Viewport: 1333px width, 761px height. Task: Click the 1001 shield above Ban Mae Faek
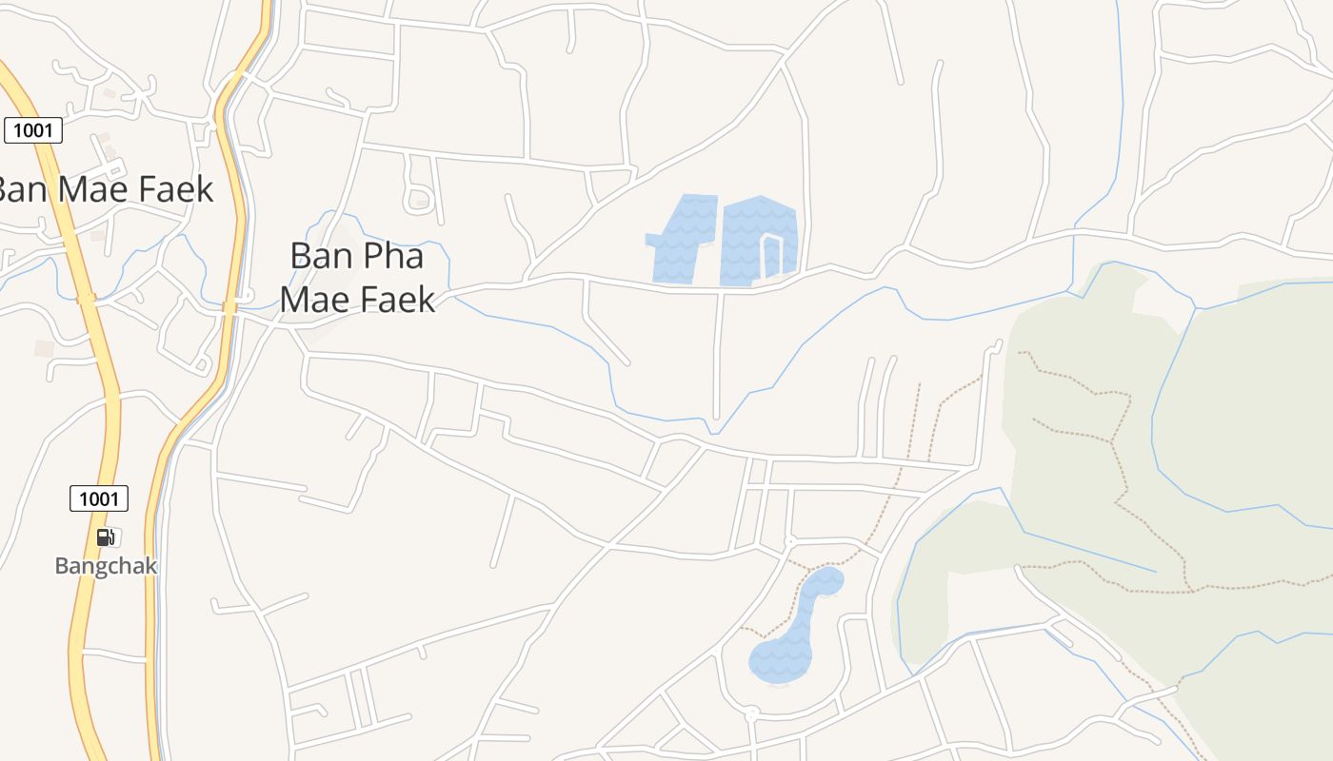tap(33, 130)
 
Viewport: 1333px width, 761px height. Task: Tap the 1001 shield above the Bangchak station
tap(99, 498)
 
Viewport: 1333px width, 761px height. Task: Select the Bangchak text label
tap(106, 566)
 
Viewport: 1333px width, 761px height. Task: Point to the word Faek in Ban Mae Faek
tap(176, 189)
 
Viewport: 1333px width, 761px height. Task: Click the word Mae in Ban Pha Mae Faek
tap(319, 300)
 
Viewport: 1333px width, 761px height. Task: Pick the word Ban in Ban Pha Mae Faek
tap(315, 257)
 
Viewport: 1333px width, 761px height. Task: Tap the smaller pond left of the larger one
tap(684, 238)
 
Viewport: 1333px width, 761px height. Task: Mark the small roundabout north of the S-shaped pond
tap(789, 541)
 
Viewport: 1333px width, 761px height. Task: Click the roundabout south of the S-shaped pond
tap(751, 712)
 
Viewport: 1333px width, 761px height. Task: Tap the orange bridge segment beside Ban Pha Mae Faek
tap(229, 307)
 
